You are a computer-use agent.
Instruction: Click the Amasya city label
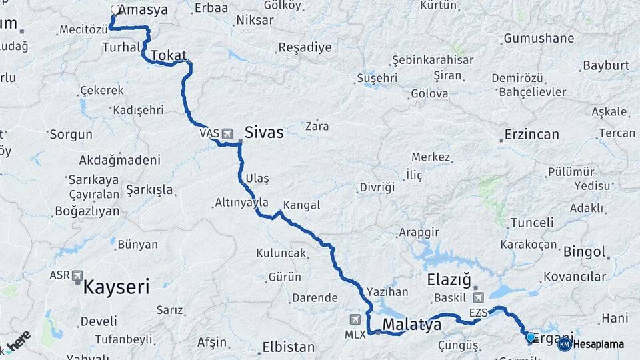pos(145,10)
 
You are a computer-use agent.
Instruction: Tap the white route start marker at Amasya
pos(115,10)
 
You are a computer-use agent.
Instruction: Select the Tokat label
pos(168,55)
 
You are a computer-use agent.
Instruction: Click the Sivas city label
pos(264,132)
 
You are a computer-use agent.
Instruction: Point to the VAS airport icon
pos(227,133)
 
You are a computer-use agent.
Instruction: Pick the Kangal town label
pos(301,205)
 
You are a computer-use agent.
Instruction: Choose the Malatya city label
pos(412,325)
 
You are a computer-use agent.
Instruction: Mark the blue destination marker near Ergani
pos(531,337)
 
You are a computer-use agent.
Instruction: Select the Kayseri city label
pos(116,287)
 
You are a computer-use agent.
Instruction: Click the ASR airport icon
pos(78,275)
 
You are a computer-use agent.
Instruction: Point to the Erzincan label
pos(531,134)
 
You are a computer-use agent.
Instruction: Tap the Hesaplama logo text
pos(598,345)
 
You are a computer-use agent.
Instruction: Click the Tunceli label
pos(531,223)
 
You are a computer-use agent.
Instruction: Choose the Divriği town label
pos(377,187)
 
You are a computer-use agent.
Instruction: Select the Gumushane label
pos(539,38)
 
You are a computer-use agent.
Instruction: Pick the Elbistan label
pos(288,347)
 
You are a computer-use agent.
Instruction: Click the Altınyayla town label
pos(241,202)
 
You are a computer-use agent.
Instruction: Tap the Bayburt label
pos(606,65)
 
